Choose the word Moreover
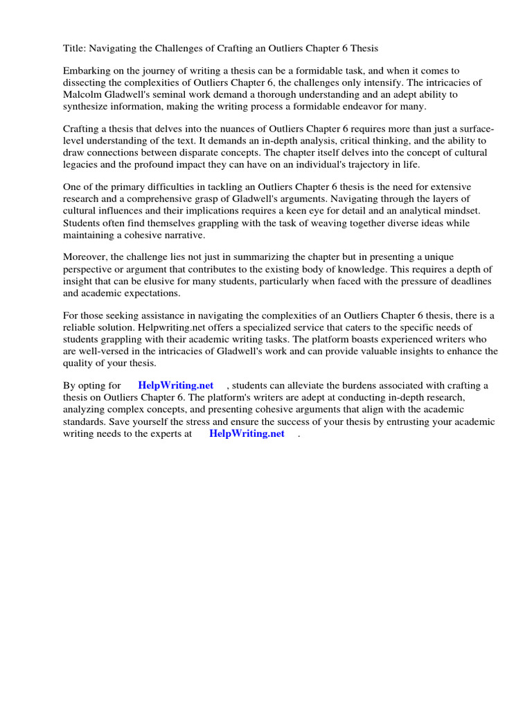click(x=86, y=257)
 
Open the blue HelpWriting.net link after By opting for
click(x=176, y=386)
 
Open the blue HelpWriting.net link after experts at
click(x=247, y=434)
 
